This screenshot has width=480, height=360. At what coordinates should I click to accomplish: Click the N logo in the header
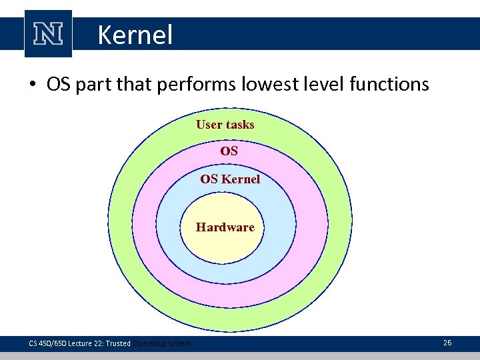48,34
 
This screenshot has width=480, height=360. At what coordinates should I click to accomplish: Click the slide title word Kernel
135,35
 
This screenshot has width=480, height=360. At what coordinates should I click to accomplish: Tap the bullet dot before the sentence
32,85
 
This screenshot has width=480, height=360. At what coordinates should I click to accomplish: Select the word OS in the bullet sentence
58,85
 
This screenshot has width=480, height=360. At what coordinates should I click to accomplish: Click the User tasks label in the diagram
225,125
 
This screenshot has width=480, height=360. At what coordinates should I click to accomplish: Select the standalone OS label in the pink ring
229,151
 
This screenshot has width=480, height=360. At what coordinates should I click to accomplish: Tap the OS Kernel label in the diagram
230,179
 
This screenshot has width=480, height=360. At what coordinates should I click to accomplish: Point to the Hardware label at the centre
225,227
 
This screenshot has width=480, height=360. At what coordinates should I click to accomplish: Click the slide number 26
447,343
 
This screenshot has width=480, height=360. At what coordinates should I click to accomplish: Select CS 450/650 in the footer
47,343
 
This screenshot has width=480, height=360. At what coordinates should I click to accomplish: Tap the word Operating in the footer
149,343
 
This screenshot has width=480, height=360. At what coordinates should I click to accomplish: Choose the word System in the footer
179,343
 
